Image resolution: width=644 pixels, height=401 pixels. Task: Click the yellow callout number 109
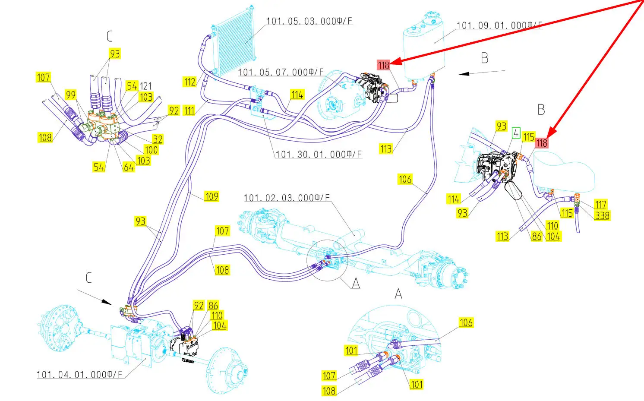tap(212, 196)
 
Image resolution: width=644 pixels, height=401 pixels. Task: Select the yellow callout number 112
tap(189, 82)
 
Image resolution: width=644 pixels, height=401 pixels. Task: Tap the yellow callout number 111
tap(189, 111)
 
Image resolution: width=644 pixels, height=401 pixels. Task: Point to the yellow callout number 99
tap(70, 95)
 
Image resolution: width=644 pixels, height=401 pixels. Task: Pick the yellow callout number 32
tap(158, 139)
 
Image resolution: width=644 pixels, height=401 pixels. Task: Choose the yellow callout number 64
tap(129, 167)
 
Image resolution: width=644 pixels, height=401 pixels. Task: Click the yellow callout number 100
tap(151, 150)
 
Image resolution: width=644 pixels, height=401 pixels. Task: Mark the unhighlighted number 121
tap(146, 86)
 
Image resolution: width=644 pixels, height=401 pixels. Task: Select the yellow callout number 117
tap(600, 205)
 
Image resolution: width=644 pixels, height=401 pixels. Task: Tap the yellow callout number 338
tap(602, 215)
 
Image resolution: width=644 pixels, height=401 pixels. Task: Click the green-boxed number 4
tap(516, 133)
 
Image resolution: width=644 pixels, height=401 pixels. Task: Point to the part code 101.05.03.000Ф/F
tap(309, 21)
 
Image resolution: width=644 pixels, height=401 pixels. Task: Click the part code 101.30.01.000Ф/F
tap(319, 155)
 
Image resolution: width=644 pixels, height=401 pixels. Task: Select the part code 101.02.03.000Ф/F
tap(287, 198)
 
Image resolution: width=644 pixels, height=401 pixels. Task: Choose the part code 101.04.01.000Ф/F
tap(79, 375)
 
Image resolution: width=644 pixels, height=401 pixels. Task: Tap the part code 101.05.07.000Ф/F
tap(281, 73)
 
